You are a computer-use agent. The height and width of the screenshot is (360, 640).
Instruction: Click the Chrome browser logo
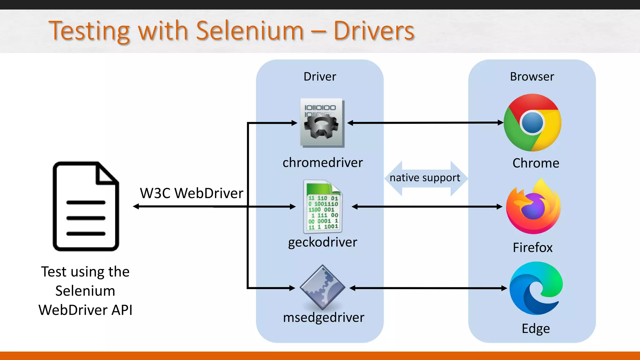(532, 122)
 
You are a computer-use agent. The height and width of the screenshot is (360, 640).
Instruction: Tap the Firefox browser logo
(533, 207)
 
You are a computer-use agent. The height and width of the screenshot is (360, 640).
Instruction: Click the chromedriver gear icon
(322, 123)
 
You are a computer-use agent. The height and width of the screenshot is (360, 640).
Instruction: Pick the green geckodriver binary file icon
(323, 207)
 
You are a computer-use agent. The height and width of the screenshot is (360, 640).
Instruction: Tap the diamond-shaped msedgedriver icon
(322, 287)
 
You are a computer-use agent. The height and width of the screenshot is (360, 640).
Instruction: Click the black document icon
(86, 206)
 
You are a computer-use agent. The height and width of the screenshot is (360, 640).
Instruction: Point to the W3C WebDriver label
(191, 193)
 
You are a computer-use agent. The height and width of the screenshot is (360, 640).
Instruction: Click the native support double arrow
(425, 178)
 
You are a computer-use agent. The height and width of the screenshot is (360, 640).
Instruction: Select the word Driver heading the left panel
(320, 77)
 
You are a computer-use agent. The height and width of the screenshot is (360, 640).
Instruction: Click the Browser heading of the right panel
(532, 77)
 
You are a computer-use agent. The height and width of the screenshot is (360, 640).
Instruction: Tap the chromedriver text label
(322, 163)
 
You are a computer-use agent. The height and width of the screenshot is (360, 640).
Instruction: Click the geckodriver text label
(322, 242)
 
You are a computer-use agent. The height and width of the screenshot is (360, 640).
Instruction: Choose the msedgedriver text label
(323, 317)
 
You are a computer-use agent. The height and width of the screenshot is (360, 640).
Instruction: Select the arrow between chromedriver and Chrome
(425, 123)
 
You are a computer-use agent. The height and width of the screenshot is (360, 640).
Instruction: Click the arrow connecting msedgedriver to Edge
(428, 288)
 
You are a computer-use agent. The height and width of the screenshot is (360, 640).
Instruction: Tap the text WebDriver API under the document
(85, 310)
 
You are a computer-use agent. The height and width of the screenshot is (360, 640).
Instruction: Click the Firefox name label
(532, 247)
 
